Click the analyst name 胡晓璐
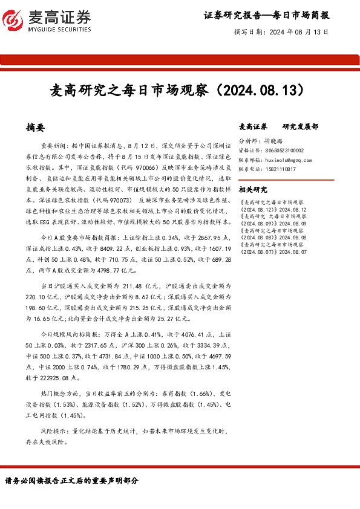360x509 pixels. click(x=274, y=140)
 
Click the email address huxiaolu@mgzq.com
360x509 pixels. click(x=288, y=160)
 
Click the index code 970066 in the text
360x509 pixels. click(x=145, y=167)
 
